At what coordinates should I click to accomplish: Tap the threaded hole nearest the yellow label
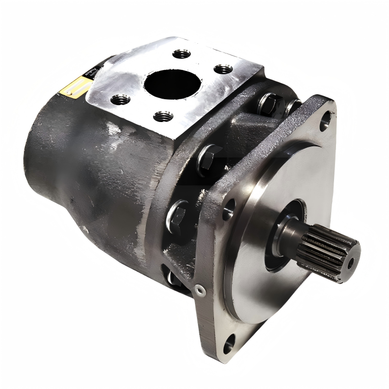tap(120, 100)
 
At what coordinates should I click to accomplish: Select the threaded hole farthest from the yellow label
tap(223, 69)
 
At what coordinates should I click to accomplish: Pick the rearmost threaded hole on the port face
tap(181, 53)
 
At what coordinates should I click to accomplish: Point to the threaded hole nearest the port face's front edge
tap(163, 116)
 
